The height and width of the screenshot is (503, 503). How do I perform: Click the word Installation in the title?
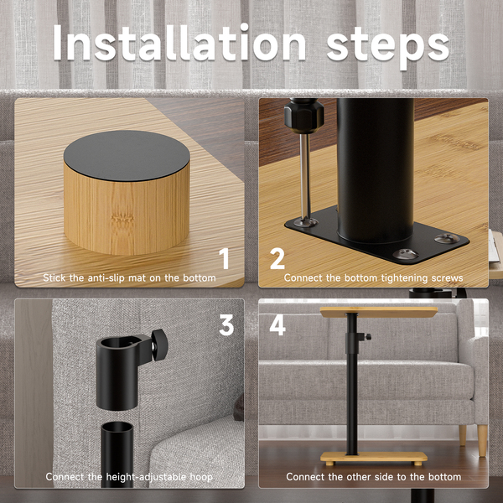point(179,43)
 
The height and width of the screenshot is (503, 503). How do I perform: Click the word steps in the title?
point(388,46)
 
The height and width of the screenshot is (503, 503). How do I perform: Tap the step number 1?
point(224,258)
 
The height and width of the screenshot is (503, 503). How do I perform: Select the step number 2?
point(277,258)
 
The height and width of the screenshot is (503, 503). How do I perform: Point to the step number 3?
point(226,325)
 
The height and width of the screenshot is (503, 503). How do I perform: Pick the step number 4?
point(277,325)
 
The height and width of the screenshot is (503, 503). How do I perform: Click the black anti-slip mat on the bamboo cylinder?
point(127,156)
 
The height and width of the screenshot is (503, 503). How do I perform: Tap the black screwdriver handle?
point(303,116)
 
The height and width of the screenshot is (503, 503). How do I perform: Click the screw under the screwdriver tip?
point(306,221)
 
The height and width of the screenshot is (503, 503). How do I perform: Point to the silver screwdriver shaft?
point(305,176)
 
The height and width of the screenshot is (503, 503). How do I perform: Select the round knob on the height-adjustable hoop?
point(160,345)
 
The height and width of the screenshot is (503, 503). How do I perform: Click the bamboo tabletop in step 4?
point(379,312)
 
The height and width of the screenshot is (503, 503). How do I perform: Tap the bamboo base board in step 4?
point(374,458)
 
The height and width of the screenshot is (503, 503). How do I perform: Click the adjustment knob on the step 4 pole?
point(368,337)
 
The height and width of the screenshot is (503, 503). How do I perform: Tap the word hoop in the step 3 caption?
point(201,477)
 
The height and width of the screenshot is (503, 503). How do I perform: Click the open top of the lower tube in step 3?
point(117,428)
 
